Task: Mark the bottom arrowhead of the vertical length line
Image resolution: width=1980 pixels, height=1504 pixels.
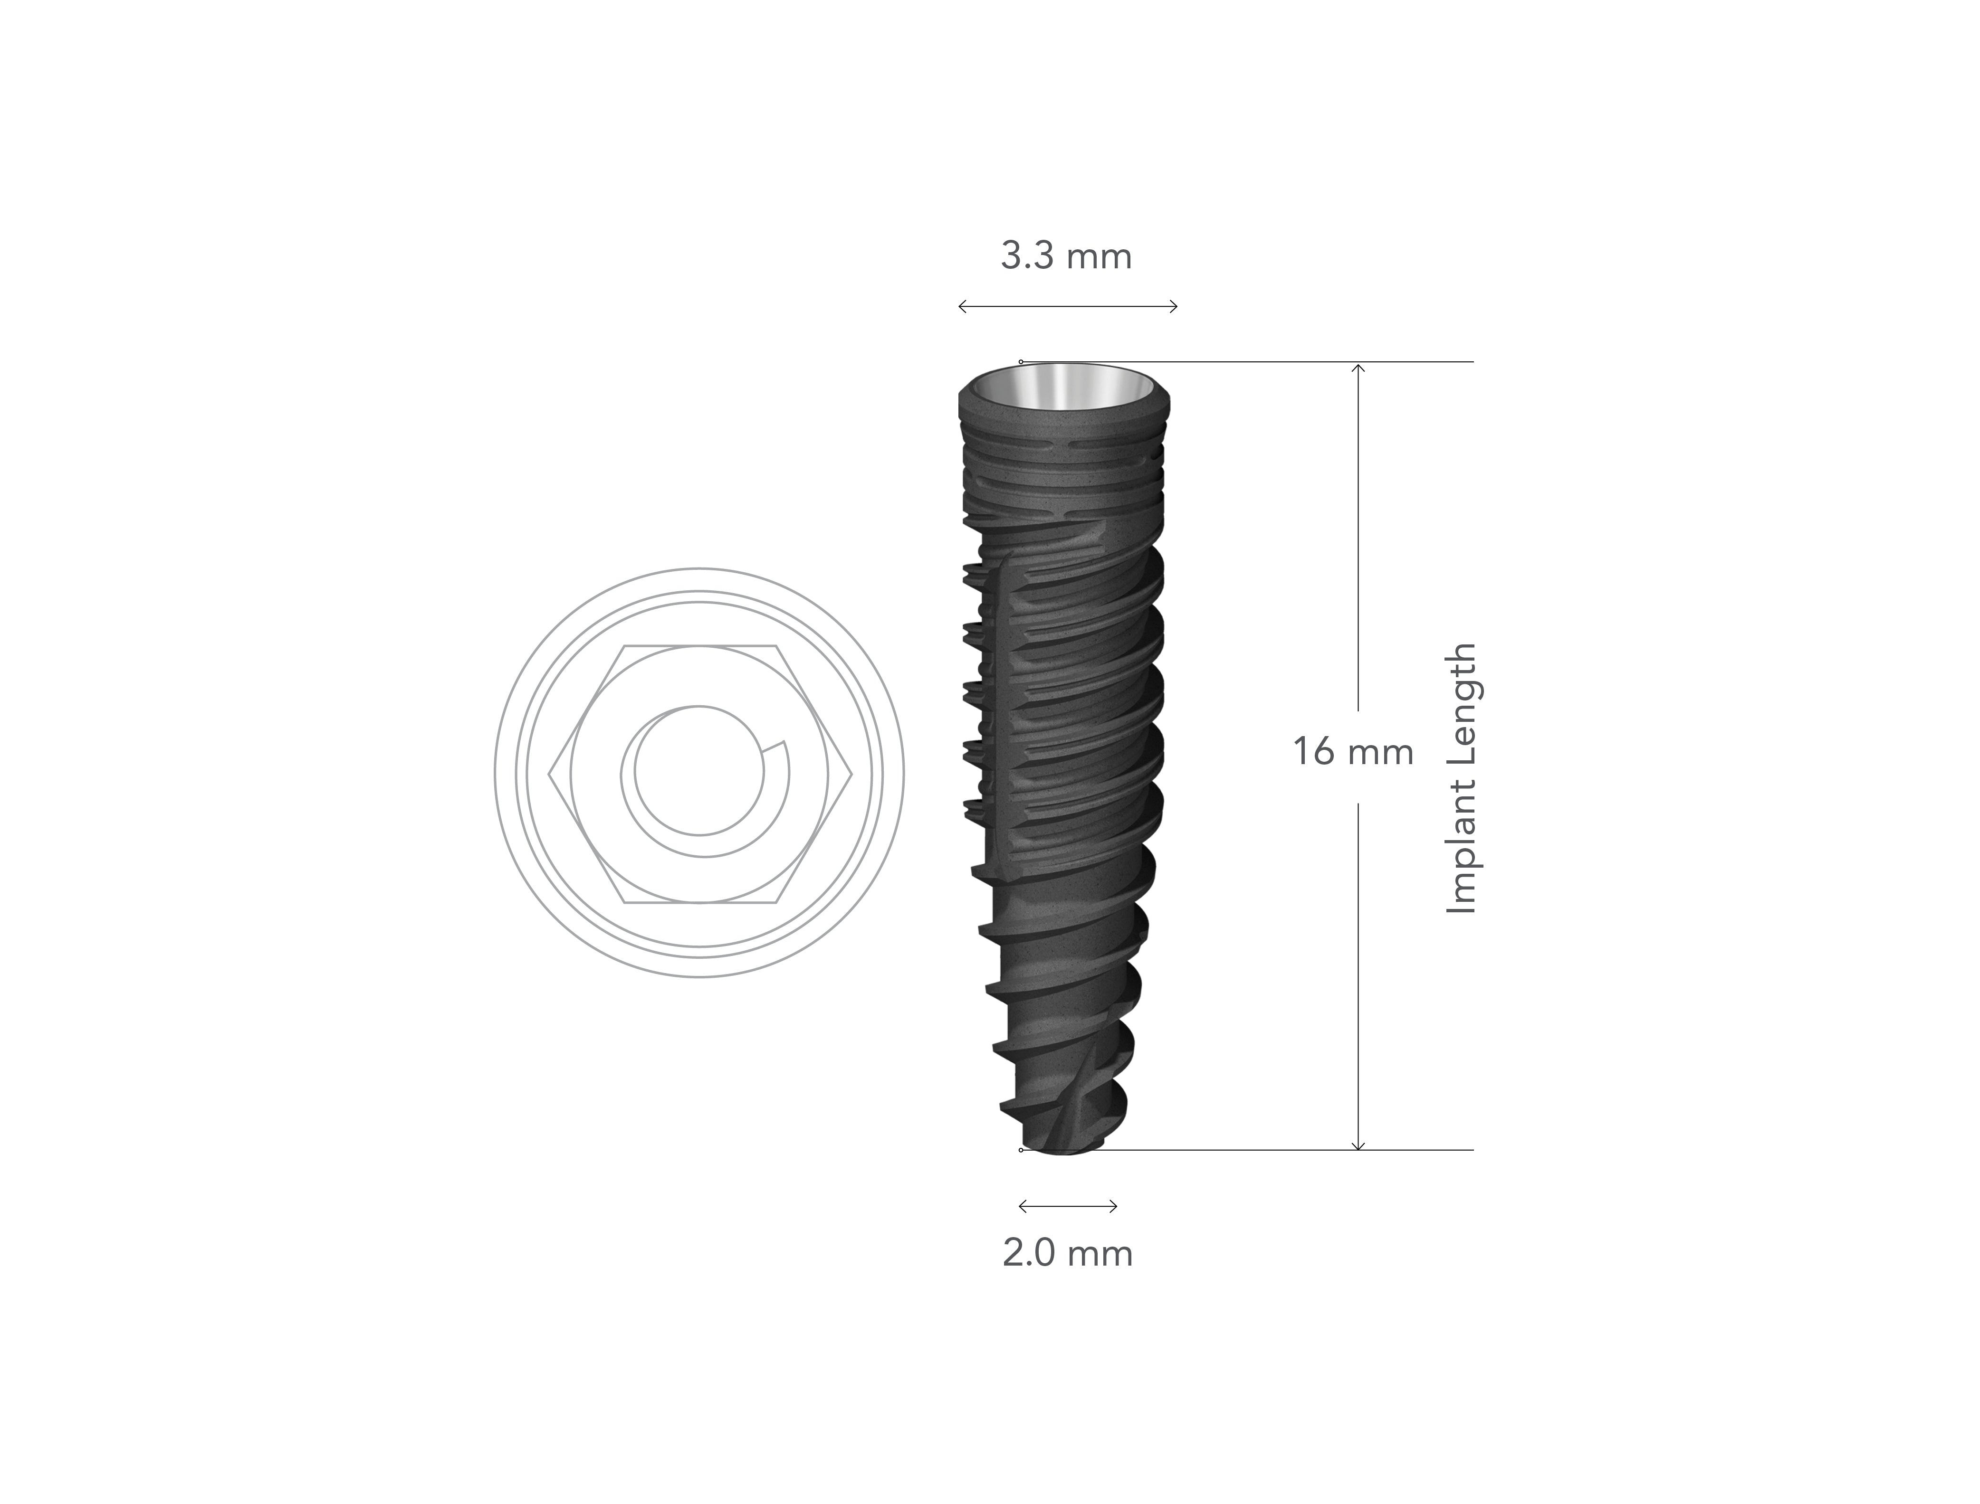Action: point(1358,1147)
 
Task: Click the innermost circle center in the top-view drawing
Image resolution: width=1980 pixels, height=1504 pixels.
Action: point(699,772)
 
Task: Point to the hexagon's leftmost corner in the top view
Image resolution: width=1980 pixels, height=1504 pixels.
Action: point(548,772)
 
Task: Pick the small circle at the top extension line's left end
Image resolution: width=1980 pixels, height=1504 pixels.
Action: point(1021,362)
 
